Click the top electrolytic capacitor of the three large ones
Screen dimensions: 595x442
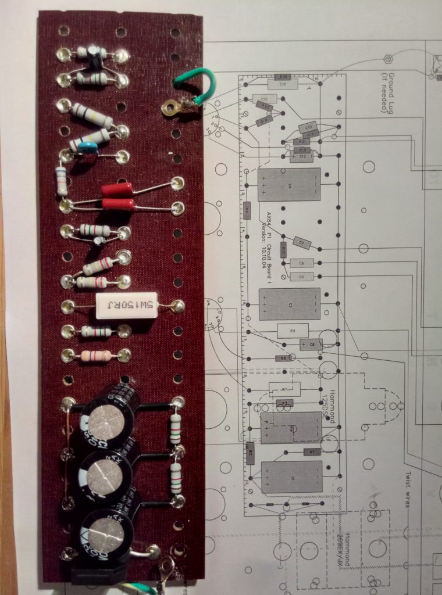(109, 418)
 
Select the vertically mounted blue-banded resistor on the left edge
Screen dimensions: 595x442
(61, 181)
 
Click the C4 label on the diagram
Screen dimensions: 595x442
(289, 185)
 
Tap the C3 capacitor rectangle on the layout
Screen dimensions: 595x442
(289, 303)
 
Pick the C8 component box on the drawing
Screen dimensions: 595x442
(302, 263)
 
